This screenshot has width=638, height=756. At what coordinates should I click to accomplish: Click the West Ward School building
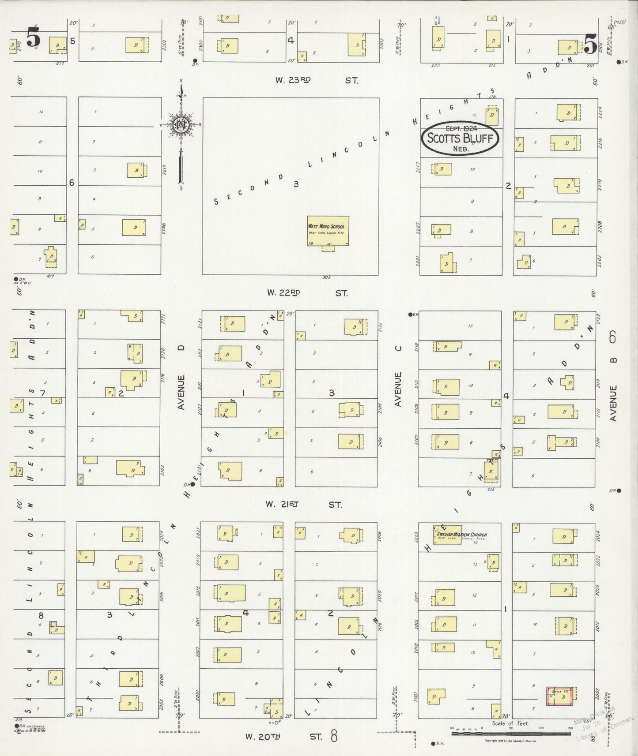click(x=328, y=231)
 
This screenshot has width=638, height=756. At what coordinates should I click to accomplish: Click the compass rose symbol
click(x=181, y=125)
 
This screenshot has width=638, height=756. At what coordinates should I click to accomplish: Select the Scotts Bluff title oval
click(x=460, y=138)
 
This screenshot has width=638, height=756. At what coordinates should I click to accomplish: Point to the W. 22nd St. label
click(x=307, y=292)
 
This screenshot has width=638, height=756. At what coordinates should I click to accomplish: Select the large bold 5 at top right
click(x=591, y=44)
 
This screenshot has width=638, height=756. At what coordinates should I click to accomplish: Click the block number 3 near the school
click(x=296, y=184)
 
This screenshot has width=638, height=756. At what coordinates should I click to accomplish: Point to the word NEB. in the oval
click(x=460, y=149)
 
